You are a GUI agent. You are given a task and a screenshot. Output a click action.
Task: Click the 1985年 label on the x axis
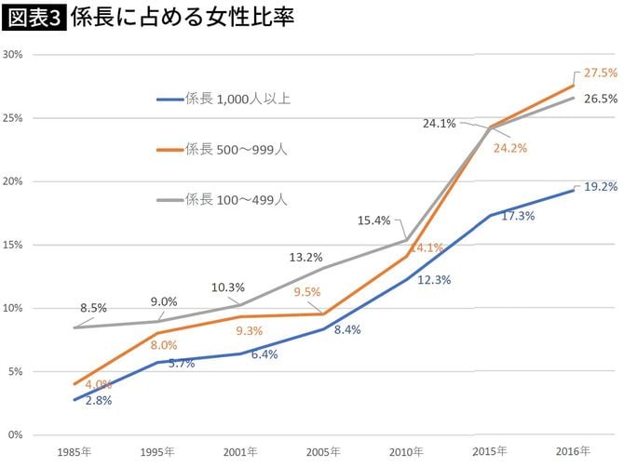coord(73,451)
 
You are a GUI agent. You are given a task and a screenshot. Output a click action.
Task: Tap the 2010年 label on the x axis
coord(405,451)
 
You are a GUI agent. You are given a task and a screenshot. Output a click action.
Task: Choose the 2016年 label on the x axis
coord(572,451)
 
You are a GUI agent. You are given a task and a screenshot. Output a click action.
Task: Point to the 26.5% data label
coord(600,99)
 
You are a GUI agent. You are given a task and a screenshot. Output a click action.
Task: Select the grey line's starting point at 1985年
coord(73,327)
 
